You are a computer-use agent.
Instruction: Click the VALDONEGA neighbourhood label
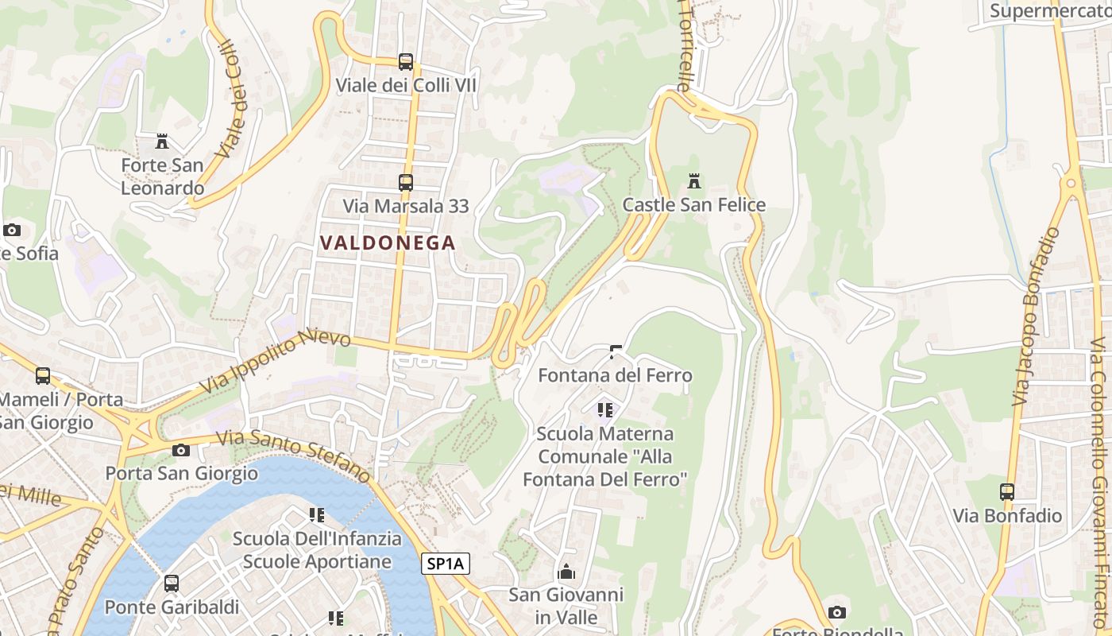[x=388, y=243]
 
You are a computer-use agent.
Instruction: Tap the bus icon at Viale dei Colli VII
[x=406, y=61]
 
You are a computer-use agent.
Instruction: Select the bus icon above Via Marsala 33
[x=406, y=182]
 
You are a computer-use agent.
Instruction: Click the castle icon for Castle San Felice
[x=694, y=181]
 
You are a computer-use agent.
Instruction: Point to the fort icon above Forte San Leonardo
[x=162, y=142]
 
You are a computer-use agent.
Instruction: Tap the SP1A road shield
[x=446, y=564]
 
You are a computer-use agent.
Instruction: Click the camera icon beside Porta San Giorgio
[x=181, y=450]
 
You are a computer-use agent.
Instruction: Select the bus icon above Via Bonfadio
[x=1007, y=491]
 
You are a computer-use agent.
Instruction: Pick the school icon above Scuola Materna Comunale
[x=605, y=410]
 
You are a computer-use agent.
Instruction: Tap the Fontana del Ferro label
[x=615, y=375]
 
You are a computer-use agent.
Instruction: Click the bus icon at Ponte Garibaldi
[x=172, y=583]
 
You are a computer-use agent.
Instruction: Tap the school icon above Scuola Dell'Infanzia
[x=317, y=514]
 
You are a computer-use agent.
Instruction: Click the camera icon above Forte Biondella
[x=836, y=611]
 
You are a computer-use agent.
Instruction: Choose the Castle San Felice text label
[x=694, y=205]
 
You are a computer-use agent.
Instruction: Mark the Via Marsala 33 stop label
[x=406, y=206]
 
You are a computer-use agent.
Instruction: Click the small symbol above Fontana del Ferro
[x=615, y=351]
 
